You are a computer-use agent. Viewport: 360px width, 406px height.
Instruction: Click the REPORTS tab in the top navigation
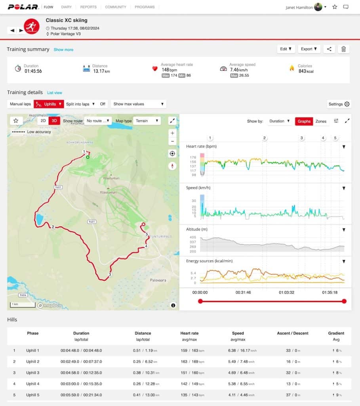coord(88,7)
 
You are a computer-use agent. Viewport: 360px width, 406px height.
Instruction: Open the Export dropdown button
coord(309,49)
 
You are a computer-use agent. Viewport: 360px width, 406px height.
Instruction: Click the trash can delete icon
coord(343,49)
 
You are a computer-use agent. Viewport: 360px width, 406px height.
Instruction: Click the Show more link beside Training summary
coord(63,50)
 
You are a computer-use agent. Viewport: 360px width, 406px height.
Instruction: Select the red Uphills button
coord(49,104)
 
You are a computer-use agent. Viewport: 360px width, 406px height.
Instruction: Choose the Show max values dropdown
coord(138,104)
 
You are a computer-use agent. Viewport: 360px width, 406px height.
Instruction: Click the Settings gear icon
coord(347,104)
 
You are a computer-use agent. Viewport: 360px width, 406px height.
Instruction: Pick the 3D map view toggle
coord(54,121)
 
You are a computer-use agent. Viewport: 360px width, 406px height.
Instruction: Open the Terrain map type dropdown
coord(147,121)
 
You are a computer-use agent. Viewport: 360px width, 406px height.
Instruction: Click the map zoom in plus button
coord(172,133)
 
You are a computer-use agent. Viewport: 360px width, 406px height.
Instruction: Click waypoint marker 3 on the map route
coord(110,274)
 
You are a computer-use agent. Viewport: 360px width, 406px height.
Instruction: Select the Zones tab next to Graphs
coord(321,121)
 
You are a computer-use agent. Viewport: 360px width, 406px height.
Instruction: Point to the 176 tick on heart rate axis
coord(193,157)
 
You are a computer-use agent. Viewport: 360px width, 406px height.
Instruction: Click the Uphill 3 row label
coord(33,373)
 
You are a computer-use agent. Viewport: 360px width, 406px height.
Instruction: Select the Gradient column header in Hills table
coord(336,333)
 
